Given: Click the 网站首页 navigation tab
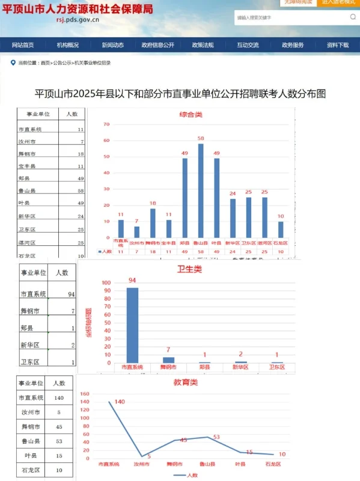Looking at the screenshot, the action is click(x=23, y=45).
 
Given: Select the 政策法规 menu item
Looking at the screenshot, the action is click(x=203, y=45).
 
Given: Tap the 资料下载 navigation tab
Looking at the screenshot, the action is click(x=337, y=45).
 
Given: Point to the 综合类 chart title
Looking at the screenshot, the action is click(x=191, y=114).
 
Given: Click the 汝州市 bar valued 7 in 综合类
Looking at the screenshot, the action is click(x=136, y=231).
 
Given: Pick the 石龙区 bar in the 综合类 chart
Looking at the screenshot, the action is click(x=281, y=229).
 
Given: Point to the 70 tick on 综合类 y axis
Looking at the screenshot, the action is click(x=106, y=124).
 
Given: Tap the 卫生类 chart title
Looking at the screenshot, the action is click(x=189, y=269).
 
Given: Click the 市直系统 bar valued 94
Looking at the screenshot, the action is click(x=132, y=325).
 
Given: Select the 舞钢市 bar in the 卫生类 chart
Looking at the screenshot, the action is click(x=169, y=360).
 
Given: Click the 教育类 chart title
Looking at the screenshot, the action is click(x=186, y=382).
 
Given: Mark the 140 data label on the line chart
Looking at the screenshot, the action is click(x=120, y=402).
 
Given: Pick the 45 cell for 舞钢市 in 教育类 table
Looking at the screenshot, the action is click(x=59, y=427).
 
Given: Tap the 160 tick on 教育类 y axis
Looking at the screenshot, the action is click(x=84, y=393).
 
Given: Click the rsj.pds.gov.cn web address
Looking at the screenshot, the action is click(x=77, y=20).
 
